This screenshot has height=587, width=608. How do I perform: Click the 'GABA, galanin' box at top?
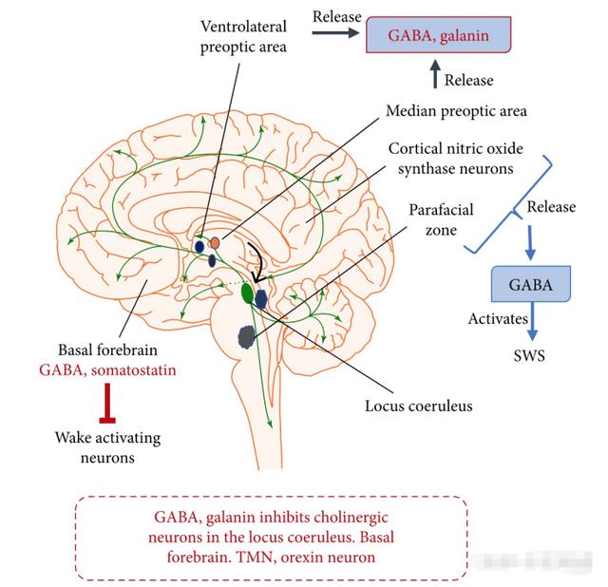pos(439,37)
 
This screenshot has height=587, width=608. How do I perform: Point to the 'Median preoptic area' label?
pos(456,111)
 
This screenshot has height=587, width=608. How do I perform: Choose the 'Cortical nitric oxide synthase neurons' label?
pos(455,159)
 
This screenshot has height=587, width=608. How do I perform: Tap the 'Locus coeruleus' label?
pos(419,407)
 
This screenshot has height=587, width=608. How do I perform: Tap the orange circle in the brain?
pos(215,243)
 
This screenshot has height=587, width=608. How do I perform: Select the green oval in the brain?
pos(248,293)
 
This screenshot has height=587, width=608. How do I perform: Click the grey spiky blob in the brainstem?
pos(249,335)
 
